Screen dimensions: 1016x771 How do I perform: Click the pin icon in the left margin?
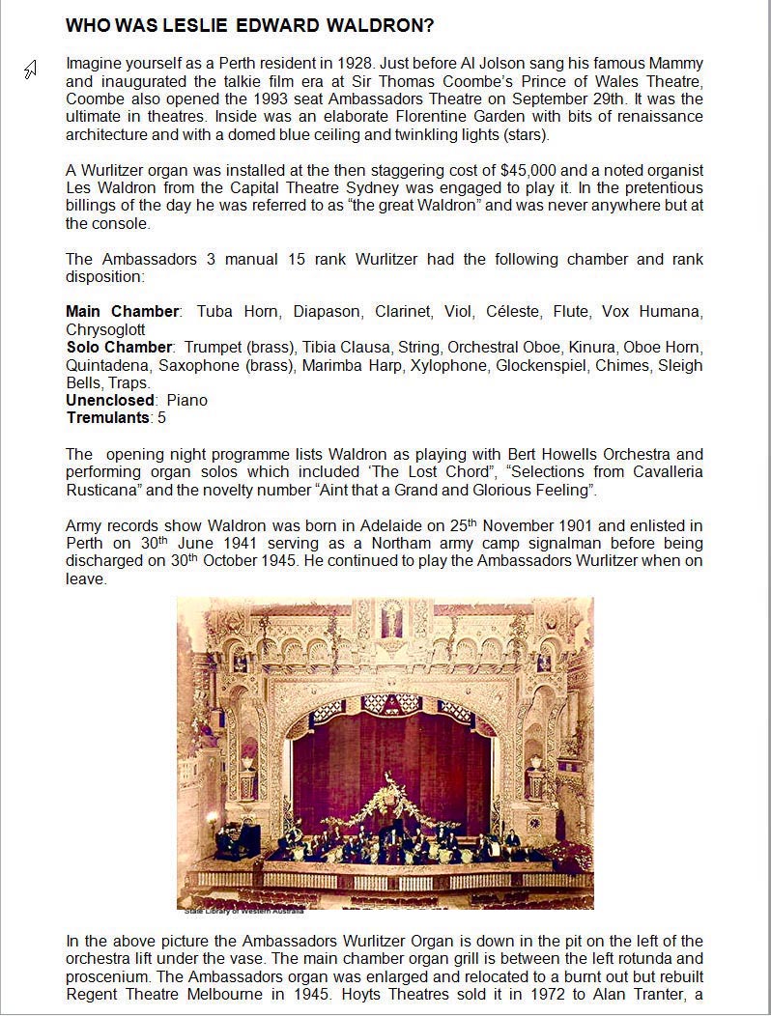coord(31,70)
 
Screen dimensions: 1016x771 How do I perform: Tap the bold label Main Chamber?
coord(123,312)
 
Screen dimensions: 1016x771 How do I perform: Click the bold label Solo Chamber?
coord(119,348)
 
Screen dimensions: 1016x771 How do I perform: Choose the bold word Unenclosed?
coord(110,400)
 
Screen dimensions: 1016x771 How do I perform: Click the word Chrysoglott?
coord(105,329)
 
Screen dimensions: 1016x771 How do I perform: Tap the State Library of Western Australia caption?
coord(244,910)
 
